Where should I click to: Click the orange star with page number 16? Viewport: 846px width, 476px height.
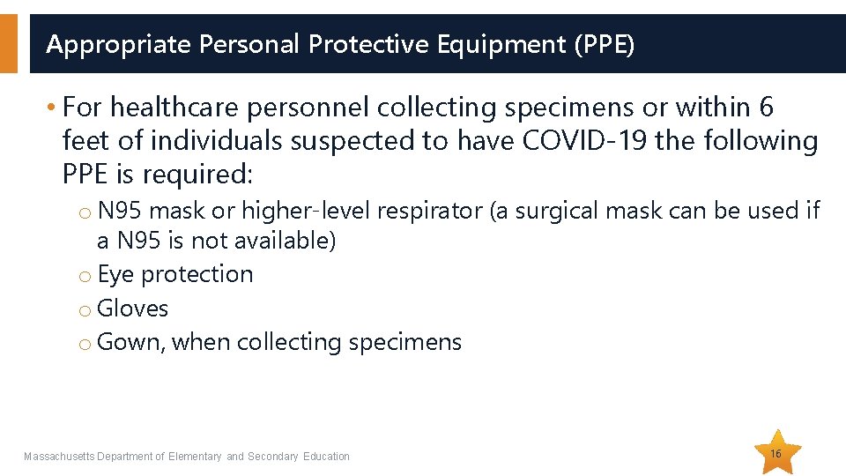(x=776, y=453)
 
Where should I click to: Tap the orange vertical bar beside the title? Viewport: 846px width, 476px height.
(x=8, y=43)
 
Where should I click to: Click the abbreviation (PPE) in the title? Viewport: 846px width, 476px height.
(x=604, y=44)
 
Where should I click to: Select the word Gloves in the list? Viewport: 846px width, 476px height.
(x=133, y=309)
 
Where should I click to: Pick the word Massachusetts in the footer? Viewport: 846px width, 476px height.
(x=58, y=457)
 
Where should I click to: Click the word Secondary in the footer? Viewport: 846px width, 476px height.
(x=273, y=457)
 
